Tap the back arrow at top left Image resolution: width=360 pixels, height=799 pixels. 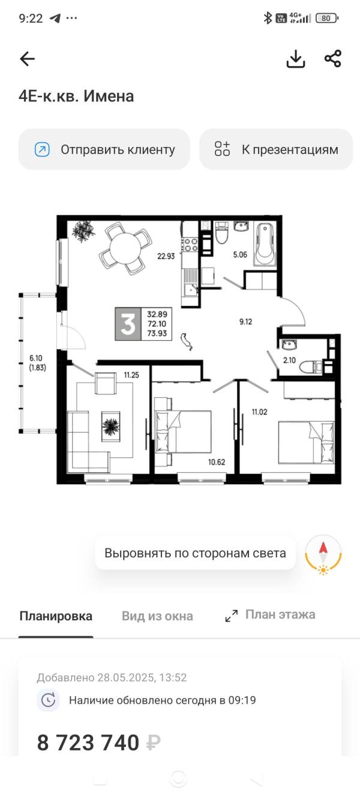tap(28, 59)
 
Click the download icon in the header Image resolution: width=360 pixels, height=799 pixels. tap(296, 59)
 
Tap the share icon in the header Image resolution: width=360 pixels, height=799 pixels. tap(332, 59)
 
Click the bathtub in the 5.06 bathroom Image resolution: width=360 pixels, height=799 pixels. tap(265, 244)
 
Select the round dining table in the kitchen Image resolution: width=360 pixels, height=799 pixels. tap(125, 250)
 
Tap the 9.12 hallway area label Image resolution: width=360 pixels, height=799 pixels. tap(245, 322)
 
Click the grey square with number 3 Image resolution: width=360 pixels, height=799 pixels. tap(128, 324)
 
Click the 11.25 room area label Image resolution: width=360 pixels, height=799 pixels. tap(131, 376)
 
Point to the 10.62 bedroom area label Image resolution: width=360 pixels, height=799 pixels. tap(217, 462)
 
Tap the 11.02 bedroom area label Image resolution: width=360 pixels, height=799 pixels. tap(260, 411)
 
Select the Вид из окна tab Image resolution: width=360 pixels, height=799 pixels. tap(157, 616)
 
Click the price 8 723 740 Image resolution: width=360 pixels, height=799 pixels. tap(88, 743)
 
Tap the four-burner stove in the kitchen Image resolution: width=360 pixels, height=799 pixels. tap(190, 245)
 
